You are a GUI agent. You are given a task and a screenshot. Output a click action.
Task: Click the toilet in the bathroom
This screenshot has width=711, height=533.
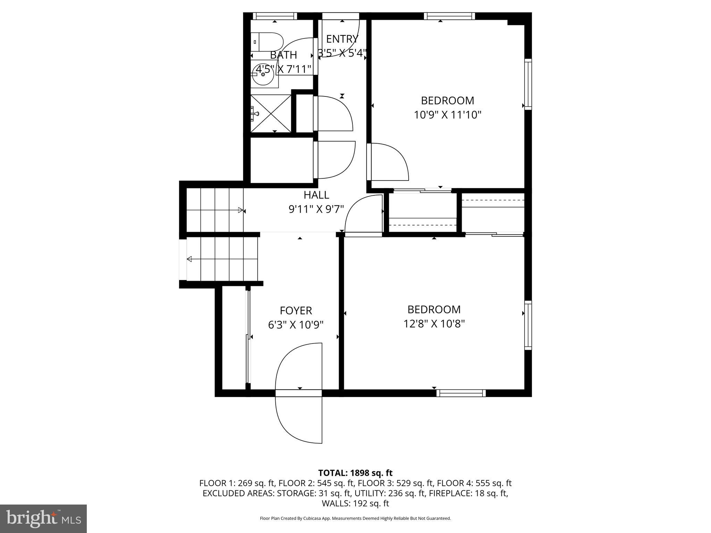pos(266,42)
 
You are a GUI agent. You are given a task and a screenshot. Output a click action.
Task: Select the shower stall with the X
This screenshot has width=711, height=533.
pos(271,113)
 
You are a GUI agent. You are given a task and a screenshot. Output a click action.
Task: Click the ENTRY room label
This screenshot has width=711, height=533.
pos(342,39)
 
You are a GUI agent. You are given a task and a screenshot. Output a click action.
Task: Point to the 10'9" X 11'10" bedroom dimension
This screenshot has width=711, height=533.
pos(447,115)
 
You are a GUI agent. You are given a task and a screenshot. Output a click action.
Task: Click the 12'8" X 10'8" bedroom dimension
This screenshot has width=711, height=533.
pos(434,324)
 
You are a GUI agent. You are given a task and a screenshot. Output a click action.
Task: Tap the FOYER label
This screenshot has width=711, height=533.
pos(296,310)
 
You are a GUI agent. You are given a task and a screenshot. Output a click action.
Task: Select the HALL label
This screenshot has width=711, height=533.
pos(316,195)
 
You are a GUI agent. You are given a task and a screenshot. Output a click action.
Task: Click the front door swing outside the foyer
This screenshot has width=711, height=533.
pos(299,418)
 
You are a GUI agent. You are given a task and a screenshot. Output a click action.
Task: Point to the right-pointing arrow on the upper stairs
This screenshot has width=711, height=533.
pos(240,210)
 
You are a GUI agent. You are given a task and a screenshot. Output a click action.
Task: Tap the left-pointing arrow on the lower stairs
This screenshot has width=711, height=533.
pos(190,259)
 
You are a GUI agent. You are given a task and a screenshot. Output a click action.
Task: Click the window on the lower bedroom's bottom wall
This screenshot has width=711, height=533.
pos(461,393)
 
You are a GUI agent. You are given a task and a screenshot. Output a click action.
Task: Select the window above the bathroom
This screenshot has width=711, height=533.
pos(275,16)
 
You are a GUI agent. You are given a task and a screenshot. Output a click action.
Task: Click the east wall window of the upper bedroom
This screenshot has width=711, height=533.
pos(528,84)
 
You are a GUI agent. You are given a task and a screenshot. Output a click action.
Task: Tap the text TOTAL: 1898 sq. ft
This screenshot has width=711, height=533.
pos(355,473)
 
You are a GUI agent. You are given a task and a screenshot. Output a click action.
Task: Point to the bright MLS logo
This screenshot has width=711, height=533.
pos(43,518)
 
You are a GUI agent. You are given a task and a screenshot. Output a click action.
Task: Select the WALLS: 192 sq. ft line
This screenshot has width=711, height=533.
pos(355,503)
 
